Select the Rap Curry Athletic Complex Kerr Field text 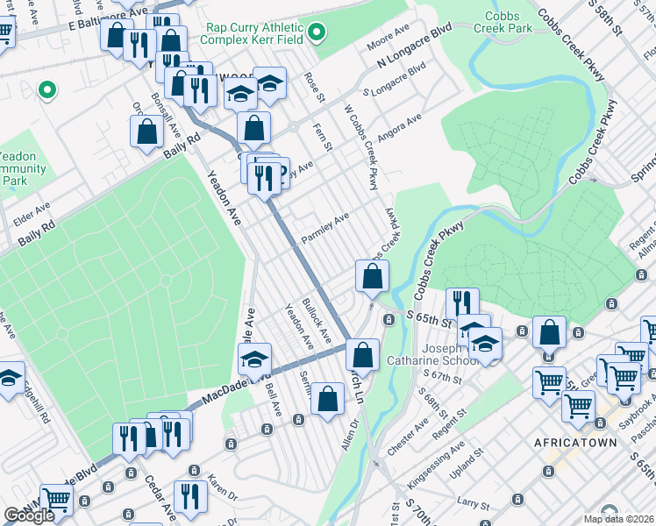255,33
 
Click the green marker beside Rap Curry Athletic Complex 318,34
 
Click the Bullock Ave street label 317,320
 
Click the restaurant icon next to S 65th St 462,302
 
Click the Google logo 29,515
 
